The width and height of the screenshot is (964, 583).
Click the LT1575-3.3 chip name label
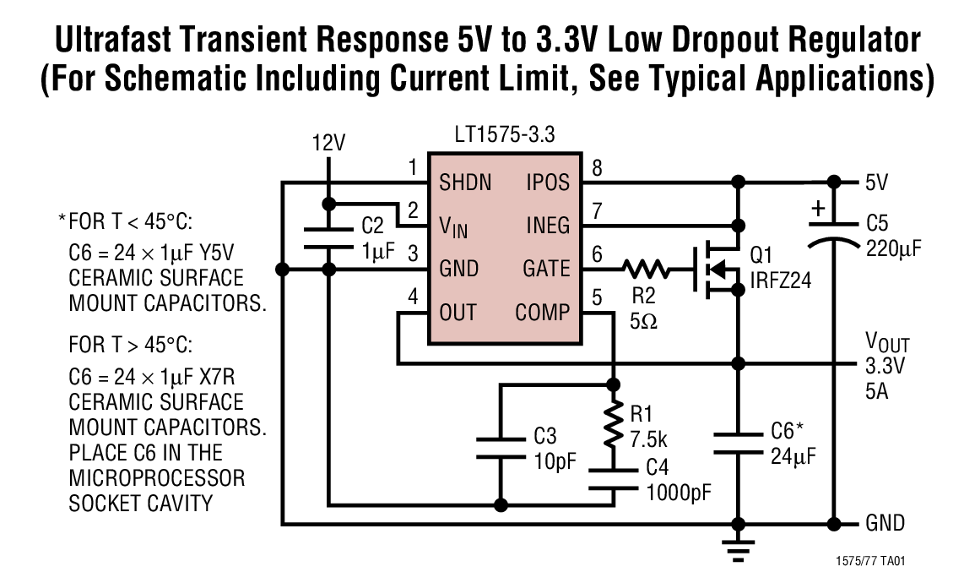503,135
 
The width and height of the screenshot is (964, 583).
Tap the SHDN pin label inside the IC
465,183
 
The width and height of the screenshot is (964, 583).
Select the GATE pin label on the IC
546,270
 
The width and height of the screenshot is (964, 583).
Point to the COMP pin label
542,313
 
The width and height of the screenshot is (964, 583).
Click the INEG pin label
546,226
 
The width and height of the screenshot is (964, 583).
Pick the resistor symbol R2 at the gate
647,270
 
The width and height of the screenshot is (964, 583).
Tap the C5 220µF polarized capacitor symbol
833,233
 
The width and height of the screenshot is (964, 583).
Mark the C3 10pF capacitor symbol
501,448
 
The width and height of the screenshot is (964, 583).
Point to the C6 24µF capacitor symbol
739,444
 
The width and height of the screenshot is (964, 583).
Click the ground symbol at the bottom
739,550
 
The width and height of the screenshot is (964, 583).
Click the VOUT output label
887,343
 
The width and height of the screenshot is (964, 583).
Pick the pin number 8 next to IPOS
597,168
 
